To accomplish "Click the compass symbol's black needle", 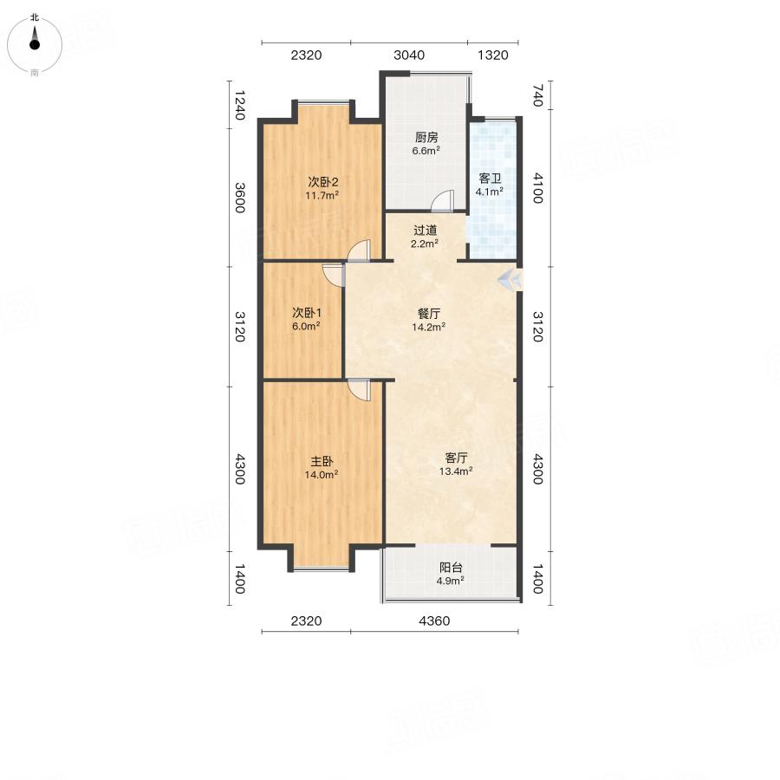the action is (35, 40).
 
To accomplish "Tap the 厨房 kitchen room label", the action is (426, 137).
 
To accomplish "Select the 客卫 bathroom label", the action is (490, 178).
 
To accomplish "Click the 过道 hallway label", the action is (425, 231).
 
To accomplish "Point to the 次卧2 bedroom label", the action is (322, 182).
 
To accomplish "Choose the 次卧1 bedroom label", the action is (307, 313).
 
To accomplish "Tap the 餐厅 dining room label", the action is (428, 314).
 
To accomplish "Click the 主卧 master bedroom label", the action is (322, 461).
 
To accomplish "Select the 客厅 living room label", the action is (456, 458).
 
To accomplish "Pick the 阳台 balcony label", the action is (451, 567).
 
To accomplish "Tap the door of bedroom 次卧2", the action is (359, 250).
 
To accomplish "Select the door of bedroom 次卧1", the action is (334, 275).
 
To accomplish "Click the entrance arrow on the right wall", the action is (510, 280).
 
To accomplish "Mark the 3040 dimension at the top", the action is (409, 55).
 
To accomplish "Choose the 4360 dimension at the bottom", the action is (434, 621).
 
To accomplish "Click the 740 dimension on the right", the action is (537, 95).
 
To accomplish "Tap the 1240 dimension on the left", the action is (240, 105).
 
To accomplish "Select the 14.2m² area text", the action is (428, 327).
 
